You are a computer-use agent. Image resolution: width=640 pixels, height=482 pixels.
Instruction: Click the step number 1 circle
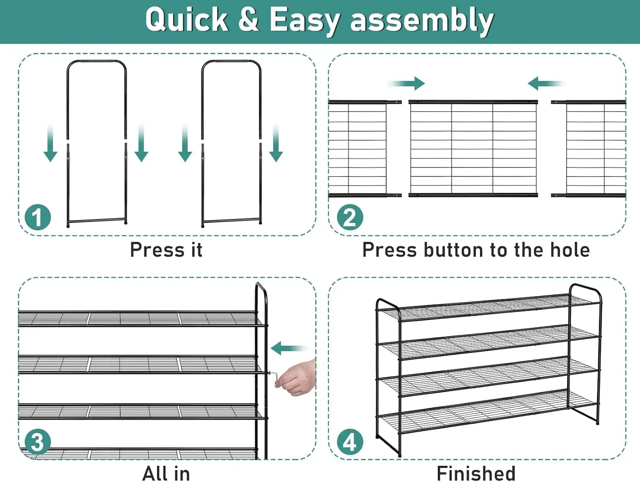coord(38,217)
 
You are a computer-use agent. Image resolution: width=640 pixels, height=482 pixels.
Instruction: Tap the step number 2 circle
coord(350,217)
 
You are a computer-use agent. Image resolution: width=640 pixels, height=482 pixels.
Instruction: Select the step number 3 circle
coord(38,442)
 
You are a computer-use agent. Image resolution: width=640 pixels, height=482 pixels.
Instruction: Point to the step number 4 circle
coord(350,442)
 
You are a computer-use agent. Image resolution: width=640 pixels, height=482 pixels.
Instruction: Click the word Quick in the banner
coord(187,20)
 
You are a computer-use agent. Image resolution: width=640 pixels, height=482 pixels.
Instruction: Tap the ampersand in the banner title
coord(249,19)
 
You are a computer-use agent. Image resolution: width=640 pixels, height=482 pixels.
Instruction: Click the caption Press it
coord(166,250)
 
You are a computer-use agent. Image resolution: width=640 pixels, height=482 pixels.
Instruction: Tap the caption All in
coord(166,473)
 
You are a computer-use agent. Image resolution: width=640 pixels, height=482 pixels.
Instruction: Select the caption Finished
coord(476,473)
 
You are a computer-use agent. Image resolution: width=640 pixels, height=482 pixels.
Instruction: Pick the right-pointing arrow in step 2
coord(406,84)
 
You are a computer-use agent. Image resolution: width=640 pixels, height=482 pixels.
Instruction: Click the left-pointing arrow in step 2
coord(547,84)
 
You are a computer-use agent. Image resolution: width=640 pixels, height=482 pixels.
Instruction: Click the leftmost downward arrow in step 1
coord(50,142)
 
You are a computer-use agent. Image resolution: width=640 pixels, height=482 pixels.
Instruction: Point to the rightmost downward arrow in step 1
coord(276,142)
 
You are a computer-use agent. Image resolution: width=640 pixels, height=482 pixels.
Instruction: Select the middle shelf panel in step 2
coord(473,149)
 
